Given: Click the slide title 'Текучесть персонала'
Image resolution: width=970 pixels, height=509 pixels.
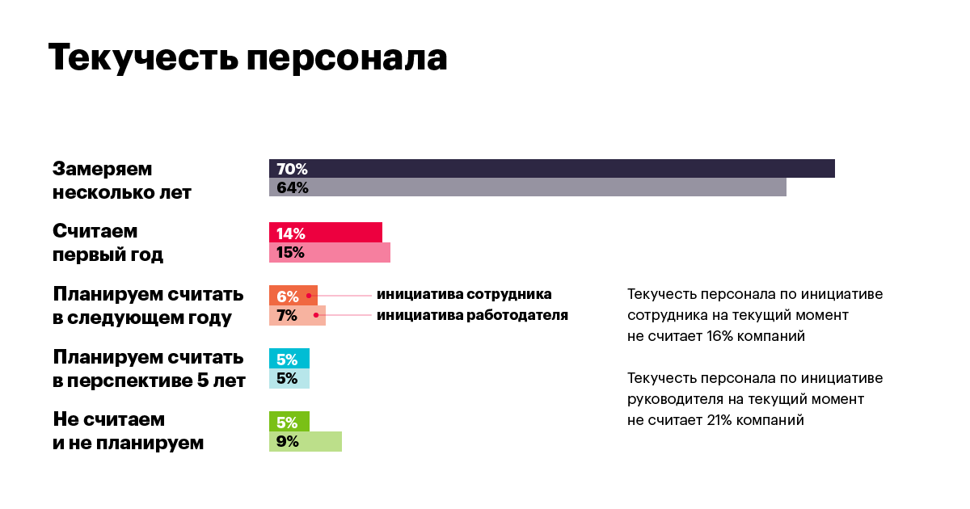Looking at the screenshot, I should coord(247,58).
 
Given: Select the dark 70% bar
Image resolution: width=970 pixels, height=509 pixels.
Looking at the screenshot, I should coord(551,169).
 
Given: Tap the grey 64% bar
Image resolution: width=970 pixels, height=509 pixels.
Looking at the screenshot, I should coord(527,187).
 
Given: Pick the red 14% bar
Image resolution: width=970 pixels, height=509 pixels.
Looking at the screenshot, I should coord(325,233).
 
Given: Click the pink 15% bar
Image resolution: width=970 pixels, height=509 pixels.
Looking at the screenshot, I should coord(329,252).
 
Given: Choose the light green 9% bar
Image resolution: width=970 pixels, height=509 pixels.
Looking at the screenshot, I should coord(305,441).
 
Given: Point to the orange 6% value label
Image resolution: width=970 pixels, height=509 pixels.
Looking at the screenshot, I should coord(287,296).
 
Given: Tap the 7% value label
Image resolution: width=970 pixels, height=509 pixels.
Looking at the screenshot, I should coord(287,315).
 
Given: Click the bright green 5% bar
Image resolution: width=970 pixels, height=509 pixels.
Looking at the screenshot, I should coord(289,422).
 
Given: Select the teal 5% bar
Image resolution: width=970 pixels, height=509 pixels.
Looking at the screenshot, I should coord(289,359).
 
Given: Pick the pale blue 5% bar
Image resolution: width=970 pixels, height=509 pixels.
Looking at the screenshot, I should coord(289,378).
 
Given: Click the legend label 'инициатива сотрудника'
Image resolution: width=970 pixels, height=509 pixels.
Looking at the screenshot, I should coord(463,294).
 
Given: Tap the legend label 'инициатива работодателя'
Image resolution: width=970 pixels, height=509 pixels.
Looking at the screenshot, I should coord(472,315).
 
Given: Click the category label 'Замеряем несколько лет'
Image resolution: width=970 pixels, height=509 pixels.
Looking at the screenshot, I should coord(121,181).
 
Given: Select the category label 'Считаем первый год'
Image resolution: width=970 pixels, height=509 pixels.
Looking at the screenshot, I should coord(108,243).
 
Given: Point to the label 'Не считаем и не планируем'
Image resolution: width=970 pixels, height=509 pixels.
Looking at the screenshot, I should coord(128,431).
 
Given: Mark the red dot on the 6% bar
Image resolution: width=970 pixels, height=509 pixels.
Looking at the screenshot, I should coord(309,296).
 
